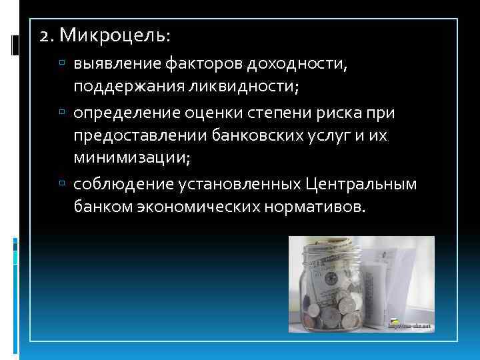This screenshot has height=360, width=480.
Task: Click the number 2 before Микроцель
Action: [x=44, y=33]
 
